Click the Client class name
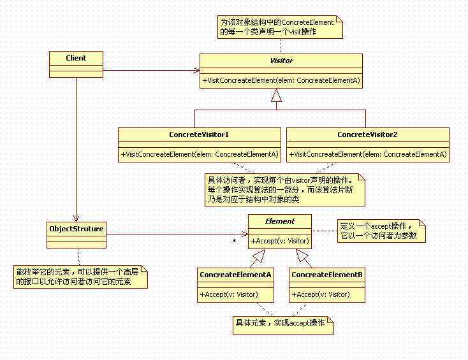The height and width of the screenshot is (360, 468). pos(76,58)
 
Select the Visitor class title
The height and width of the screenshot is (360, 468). pos(281,61)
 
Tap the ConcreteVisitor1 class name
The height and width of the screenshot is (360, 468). pos(199,134)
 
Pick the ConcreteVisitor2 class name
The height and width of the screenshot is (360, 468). pos(367,134)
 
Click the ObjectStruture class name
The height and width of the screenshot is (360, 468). pos(77,229)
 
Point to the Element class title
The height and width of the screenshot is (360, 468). pos(280,221)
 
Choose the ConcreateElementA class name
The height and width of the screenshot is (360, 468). pos(235,275)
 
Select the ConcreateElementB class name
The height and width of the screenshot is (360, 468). pos(327,275)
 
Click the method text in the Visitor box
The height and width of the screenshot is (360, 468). pos(281,80)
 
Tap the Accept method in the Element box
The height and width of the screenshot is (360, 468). pos(280,241)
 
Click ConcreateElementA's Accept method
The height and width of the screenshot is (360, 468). pos(229,294)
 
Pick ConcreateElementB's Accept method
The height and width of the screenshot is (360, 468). pos(321,294)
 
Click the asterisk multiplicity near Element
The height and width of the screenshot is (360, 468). pos(235,241)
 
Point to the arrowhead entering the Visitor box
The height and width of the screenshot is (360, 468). pos(196,71)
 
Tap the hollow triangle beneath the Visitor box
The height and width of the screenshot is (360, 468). pos(276,95)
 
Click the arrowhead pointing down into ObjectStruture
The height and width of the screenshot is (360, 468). pos(76,218)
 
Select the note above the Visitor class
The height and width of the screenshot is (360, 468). pos(280,27)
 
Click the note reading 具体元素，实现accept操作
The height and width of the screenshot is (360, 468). pos(283,325)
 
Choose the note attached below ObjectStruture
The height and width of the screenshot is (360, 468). pos(80,277)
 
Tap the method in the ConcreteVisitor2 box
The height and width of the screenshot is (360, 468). pos(368,154)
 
